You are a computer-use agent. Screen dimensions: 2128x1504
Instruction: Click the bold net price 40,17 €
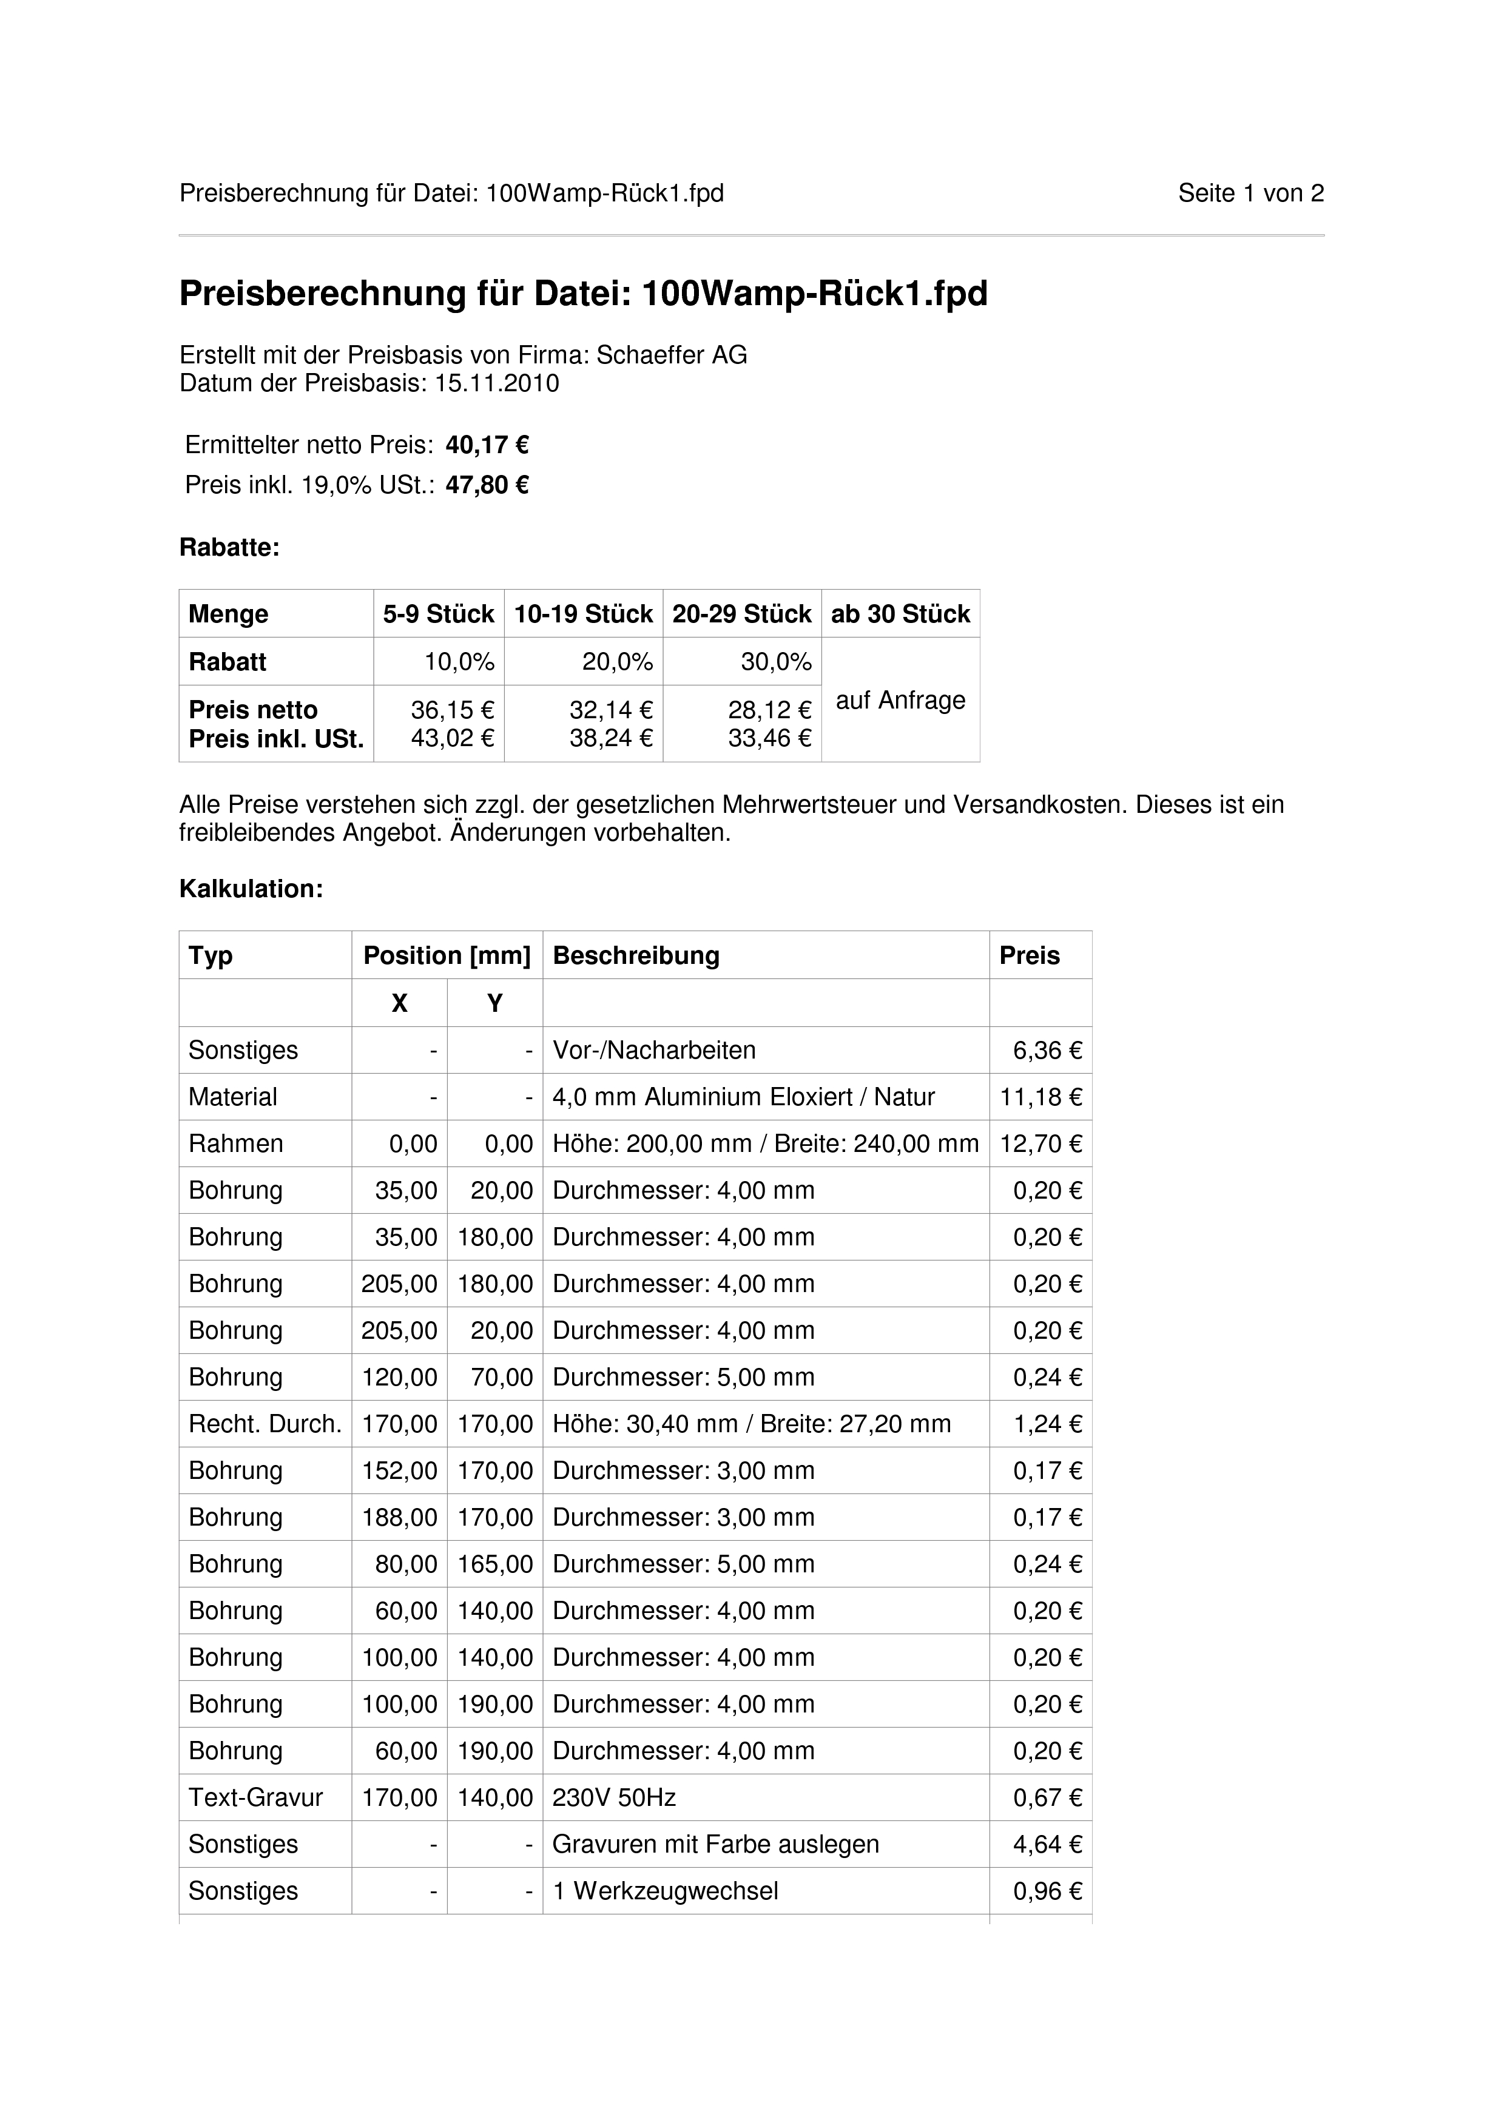point(487,446)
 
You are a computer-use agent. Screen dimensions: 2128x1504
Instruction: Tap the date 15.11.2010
point(497,384)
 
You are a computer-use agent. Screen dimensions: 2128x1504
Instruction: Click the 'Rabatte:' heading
point(229,548)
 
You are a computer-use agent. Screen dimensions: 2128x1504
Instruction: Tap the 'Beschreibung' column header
point(636,955)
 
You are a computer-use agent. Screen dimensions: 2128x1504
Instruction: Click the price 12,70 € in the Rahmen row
point(1040,1143)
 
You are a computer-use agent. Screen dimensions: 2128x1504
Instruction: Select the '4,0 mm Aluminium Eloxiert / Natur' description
point(743,1097)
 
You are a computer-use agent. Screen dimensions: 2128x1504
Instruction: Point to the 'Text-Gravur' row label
point(256,1798)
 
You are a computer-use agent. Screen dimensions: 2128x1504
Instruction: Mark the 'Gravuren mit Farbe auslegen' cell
point(715,1844)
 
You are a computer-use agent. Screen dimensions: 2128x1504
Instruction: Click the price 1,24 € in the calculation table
point(1047,1424)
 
